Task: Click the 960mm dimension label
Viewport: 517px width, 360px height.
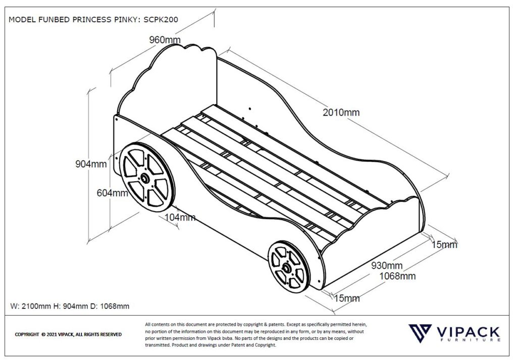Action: (165, 40)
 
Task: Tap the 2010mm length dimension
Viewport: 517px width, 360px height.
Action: (341, 112)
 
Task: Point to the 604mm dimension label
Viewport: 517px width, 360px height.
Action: (113, 193)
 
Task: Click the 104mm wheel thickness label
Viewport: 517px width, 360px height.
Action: (180, 218)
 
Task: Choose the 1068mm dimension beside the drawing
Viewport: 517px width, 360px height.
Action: (397, 276)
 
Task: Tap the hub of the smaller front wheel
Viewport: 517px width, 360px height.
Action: (286, 268)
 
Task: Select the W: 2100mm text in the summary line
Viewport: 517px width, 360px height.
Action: (31, 306)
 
